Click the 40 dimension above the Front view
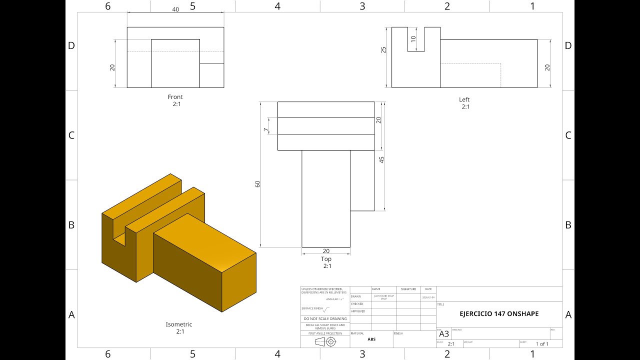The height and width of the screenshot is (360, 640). (175, 9)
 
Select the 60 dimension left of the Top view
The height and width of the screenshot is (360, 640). (258, 183)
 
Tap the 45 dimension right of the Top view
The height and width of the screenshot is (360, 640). (382, 160)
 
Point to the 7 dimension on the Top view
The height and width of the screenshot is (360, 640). (266, 130)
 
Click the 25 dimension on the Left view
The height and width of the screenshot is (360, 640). (384, 50)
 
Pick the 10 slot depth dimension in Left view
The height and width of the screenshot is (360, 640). (413, 39)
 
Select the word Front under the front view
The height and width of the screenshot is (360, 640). (175, 97)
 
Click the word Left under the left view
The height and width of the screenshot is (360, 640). (464, 99)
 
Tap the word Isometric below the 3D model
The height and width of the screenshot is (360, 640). (179, 324)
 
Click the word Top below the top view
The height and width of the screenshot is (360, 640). (326, 259)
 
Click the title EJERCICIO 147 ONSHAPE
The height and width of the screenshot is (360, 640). (499, 314)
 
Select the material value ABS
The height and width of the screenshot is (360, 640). (371, 339)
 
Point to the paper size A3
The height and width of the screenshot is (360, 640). (444, 334)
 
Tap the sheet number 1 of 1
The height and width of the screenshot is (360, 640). (542, 344)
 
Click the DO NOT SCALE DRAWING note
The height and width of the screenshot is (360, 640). (325, 318)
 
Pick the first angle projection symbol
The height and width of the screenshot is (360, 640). (325, 341)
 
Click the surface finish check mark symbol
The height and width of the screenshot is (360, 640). (326, 309)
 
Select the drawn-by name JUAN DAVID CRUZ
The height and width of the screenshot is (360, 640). (384, 297)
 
